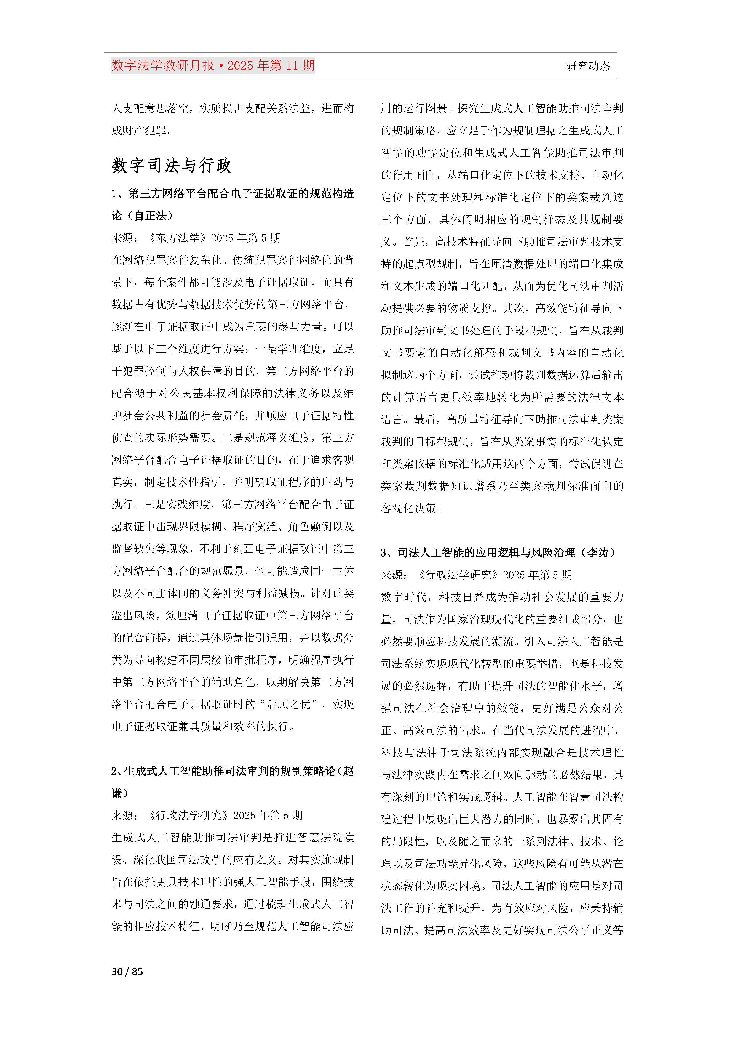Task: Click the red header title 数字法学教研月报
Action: pyautogui.click(x=163, y=66)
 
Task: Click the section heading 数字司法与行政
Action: pyautogui.click(x=171, y=166)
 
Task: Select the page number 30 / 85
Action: pyautogui.click(x=127, y=971)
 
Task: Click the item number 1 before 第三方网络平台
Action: pyautogui.click(x=115, y=194)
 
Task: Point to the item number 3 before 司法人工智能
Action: pyautogui.click(x=384, y=553)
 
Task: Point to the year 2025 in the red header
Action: pyautogui.click(x=240, y=66)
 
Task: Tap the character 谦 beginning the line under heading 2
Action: pyautogui.click(x=117, y=793)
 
